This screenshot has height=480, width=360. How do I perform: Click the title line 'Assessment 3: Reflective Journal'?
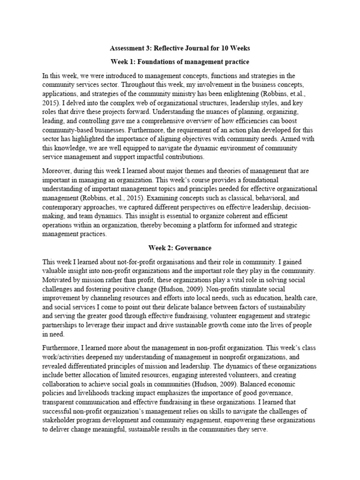[x=180, y=48]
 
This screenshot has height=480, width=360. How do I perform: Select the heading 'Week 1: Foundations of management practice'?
[x=180, y=62]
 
